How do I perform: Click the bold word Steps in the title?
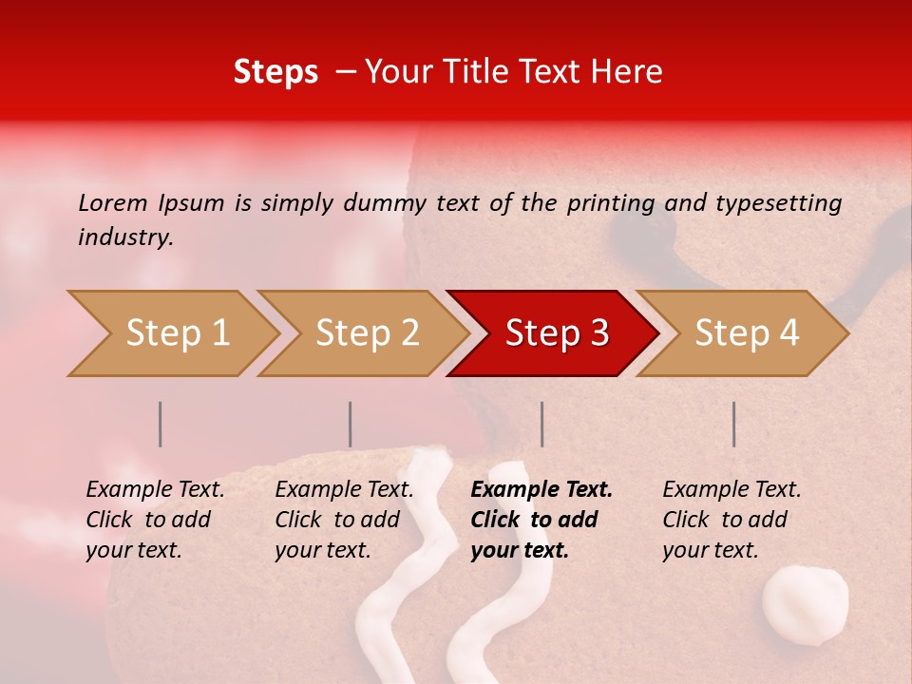click(x=275, y=72)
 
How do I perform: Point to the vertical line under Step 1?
click(x=161, y=424)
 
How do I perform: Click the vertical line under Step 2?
click(x=351, y=424)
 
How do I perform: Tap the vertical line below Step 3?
click(x=541, y=424)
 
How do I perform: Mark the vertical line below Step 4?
click(x=733, y=424)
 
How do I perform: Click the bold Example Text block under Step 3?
click(x=541, y=520)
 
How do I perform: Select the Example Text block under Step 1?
click(x=155, y=520)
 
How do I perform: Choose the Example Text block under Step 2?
click(x=344, y=520)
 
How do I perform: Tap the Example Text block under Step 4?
click(x=731, y=520)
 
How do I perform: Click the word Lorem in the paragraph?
click(x=113, y=202)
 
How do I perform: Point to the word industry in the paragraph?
click(x=125, y=237)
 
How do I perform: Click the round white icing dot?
click(x=806, y=603)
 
